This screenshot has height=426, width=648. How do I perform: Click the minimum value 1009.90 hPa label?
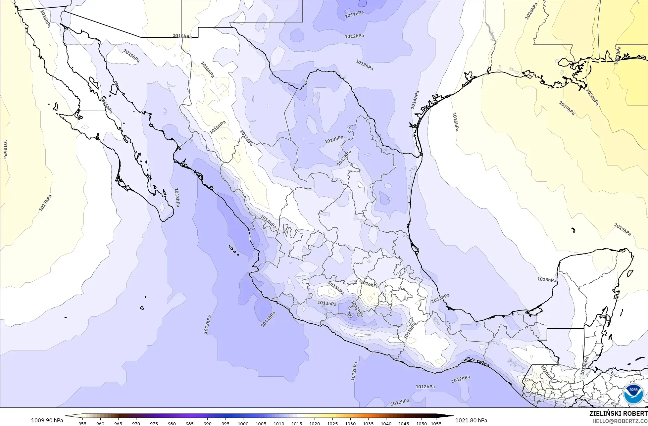(x=47, y=420)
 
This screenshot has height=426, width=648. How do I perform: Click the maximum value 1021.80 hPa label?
(x=471, y=420)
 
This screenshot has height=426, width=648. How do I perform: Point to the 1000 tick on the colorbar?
(x=243, y=423)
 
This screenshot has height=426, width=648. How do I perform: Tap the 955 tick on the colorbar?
(x=82, y=423)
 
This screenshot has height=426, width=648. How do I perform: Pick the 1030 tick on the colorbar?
(x=350, y=423)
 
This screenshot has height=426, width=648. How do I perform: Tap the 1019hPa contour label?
(x=567, y=108)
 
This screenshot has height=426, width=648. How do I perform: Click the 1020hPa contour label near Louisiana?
(x=592, y=97)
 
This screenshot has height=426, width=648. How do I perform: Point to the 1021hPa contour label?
(x=618, y=56)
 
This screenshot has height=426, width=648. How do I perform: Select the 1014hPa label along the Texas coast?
(x=415, y=100)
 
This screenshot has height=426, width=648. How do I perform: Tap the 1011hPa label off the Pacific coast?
(x=268, y=319)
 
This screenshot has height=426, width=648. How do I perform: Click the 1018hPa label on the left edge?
(x=5, y=149)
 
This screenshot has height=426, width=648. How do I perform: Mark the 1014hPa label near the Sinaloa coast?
(x=268, y=221)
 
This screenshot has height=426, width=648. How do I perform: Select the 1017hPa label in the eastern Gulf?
(x=623, y=229)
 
